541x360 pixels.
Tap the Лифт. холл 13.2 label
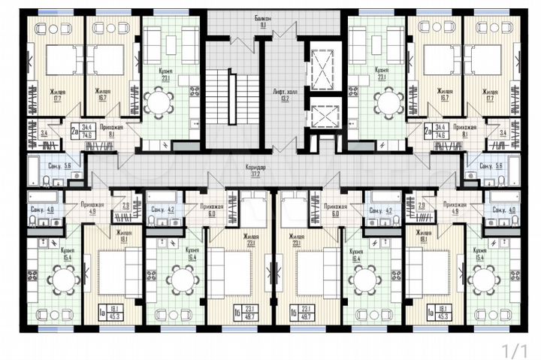point(280,93)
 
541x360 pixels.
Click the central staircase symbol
point(232,96)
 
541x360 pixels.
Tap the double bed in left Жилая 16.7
point(109,60)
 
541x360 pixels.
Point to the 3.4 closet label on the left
point(44,134)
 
